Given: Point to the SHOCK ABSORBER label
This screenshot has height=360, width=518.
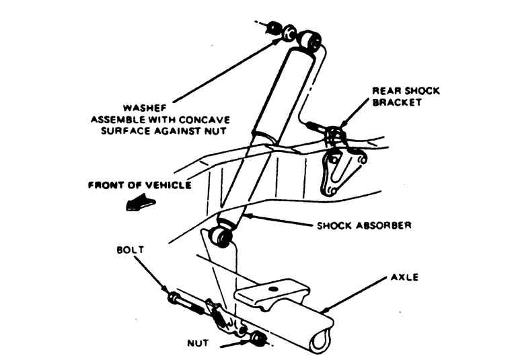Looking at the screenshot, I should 363,225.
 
